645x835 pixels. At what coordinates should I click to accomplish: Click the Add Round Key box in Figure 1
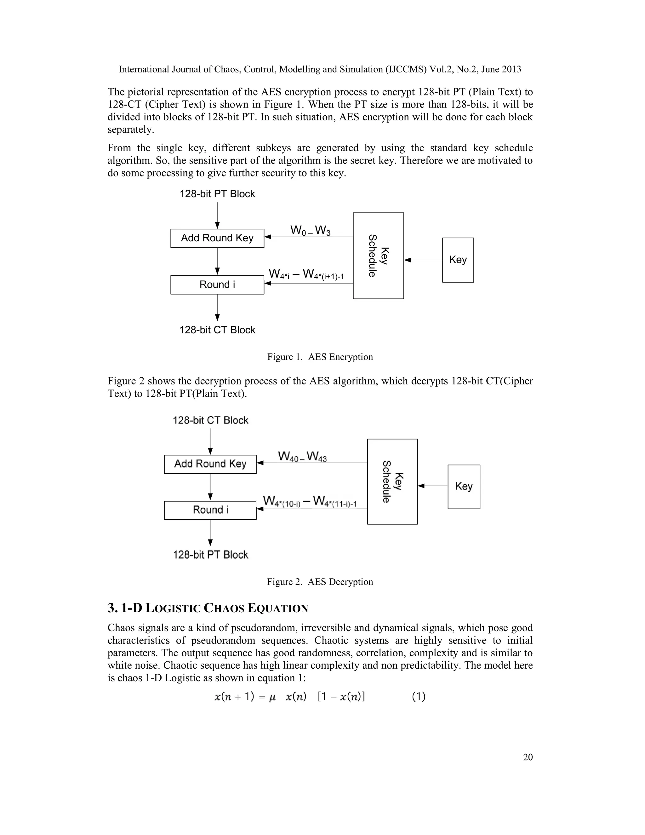tap(217, 238)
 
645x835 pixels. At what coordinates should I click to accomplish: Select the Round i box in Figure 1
tap(217, 285)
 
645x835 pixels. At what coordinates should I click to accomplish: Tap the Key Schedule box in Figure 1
tap(378, 256)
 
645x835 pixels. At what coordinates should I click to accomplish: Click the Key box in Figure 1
tap(458, 260)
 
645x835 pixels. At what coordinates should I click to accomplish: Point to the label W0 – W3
tap(310, 231)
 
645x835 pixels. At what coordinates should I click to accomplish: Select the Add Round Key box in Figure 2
tap(210, 464)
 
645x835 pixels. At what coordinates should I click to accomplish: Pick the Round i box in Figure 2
tap(210, 510)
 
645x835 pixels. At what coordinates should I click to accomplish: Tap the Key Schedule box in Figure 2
tap(392, 481)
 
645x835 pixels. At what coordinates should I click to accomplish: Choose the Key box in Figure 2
tap(464, 487)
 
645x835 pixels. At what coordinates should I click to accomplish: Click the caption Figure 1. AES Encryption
tap(320, 357)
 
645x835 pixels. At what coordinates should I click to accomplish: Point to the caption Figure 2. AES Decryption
tap(320, 582)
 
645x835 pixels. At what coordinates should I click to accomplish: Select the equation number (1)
tap(419, 697)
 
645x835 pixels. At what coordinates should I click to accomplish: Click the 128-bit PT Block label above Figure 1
tap(217, 194)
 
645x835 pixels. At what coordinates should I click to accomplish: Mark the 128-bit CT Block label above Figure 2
tap(211, 421)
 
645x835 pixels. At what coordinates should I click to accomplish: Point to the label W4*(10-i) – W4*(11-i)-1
tap(310, 502)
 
